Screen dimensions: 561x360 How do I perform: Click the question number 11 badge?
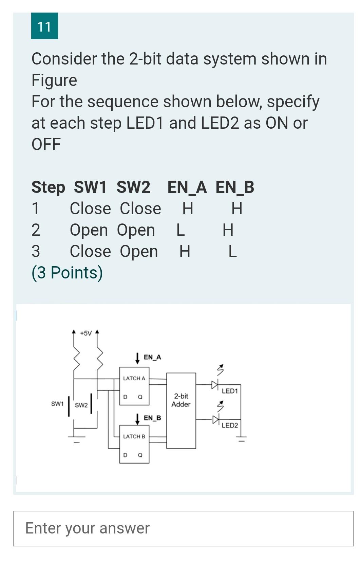point(44,26)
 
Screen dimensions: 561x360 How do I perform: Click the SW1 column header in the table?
point(90,187)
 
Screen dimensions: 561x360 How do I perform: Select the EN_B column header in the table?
point(235,187)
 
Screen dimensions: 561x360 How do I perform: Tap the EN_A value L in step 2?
point(181,230)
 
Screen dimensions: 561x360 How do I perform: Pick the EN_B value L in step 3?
point(232,252)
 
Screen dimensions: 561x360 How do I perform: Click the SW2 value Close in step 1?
point(140,209)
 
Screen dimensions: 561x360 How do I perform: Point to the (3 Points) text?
point(67,273)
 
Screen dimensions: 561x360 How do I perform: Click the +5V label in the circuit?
point(86,333)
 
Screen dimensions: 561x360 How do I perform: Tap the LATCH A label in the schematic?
point(134,378)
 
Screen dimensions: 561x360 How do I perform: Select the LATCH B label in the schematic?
point(134,436)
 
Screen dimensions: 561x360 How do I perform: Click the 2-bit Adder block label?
point(181,400)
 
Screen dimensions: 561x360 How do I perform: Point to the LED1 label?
point(230,391)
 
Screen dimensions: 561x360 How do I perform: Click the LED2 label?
point(230,425)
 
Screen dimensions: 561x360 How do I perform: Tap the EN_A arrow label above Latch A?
point(152,357)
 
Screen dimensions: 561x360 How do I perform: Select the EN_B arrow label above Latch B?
point(152,418)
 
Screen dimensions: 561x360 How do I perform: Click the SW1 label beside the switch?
point(57,404)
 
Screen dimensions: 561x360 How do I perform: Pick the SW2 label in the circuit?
point(81,405)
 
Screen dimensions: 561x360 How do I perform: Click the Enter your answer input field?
point(183,528)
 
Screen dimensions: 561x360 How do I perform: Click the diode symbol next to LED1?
point(215,385)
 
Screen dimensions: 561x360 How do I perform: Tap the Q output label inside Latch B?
point(140,455)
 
